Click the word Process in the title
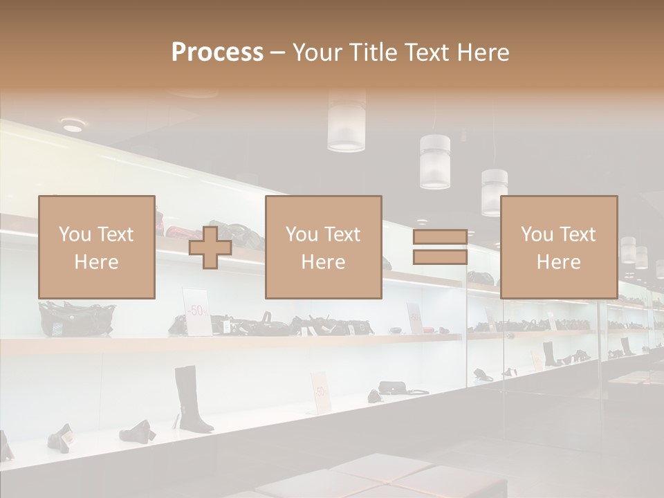tap(217, 53)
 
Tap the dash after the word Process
tap(278, 53)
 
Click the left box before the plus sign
tap(96, 247)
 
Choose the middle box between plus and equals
tap(323, 247)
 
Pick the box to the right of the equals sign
tap(558, 247)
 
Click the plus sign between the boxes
tap(210, 248)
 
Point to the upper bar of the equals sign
tap(440, 237)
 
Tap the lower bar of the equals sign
tap(440, 257)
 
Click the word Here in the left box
tap(96, 261)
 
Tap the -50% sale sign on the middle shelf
tap(197, 311)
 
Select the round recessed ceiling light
tap(73, 125)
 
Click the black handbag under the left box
tap(76, 319)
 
